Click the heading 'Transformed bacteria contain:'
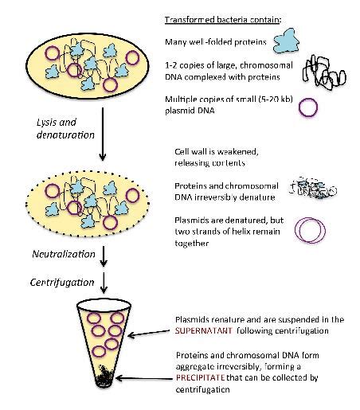coord(222,20)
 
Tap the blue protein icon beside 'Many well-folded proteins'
coord(286,41)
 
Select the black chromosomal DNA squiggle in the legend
coord(324,72)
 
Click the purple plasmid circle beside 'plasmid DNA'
coord(308,107)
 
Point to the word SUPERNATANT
coord(203,330)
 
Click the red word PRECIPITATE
coord(200,377)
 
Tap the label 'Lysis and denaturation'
coord(65,129)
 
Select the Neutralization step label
coord(64,254)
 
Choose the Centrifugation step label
coord(62,282)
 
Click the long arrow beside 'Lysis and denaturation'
coord(103,134)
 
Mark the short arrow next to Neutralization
coord(104,256)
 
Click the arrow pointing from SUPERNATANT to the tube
coord(149,334)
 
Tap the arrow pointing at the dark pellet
coord(144,378)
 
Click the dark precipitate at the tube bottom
coord(104,377)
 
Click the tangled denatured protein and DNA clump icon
coord(312,189)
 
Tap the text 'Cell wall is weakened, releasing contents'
coord(217,157)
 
